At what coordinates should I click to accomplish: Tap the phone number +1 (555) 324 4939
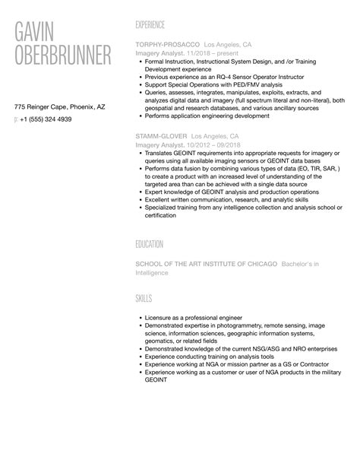tap(46, 119)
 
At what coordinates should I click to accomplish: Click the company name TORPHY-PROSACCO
tap(166, 45)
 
